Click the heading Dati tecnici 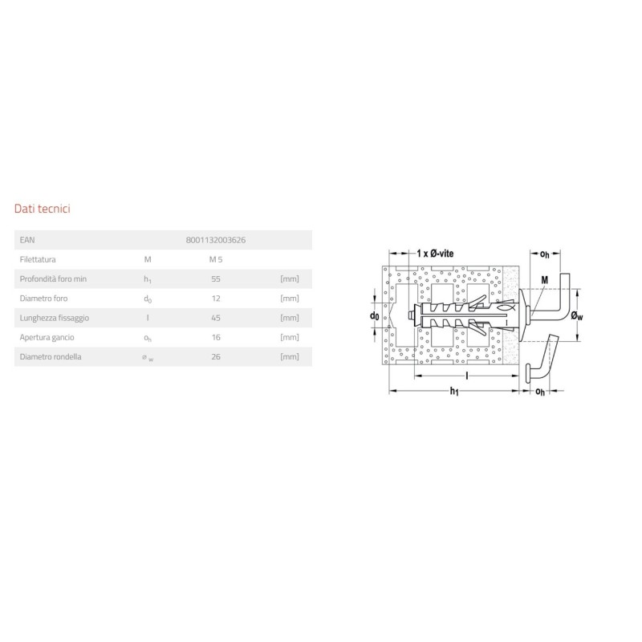pos(43,209)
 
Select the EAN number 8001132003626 pos(216,240)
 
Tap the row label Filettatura pos(38,259)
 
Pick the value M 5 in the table pos(216,259)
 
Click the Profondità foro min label pos(53,278)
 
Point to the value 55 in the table pos(216,278)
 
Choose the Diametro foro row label pos(43,299)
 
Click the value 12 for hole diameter pos(216,299)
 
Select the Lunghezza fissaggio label pos(54,318)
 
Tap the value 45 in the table pos(216,318)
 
